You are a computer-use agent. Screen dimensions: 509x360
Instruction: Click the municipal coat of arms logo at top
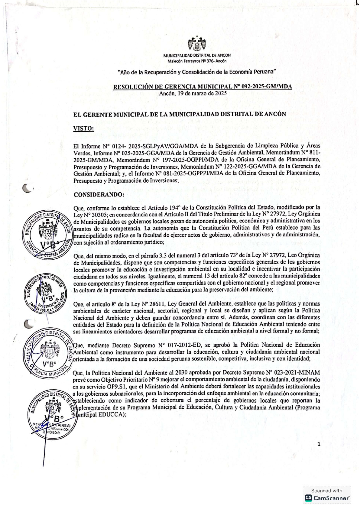(197, 45)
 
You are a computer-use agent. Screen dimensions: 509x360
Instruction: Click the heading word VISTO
(84, 128)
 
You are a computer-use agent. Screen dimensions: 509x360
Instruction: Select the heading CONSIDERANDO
(99, 195)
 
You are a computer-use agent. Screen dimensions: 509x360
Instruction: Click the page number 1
(319, 444)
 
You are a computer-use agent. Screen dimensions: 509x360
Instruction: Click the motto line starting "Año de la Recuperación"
(197, 72)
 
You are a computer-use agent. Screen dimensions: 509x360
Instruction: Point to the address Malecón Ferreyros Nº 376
(197, 61)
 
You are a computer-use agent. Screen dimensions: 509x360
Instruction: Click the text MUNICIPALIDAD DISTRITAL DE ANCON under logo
(197, 56)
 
